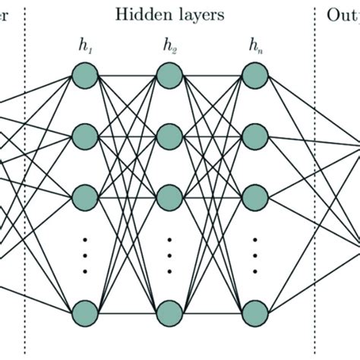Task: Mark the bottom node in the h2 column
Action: (x=169, y=311)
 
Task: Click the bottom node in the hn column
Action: (x=254, y=311)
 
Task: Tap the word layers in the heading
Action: (x=199, y=14)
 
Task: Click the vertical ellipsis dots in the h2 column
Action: (x=169, y=254)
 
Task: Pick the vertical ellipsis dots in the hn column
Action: (x=254, y=254)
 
